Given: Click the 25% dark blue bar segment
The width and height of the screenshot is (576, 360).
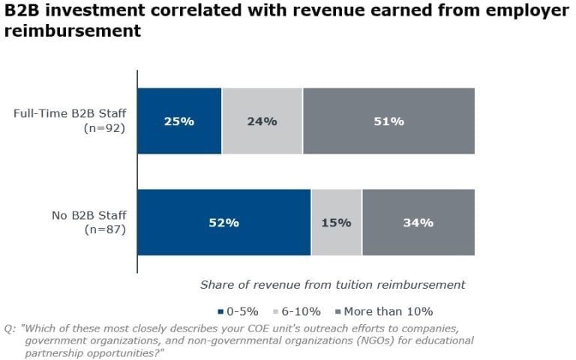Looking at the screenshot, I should click(179, 121).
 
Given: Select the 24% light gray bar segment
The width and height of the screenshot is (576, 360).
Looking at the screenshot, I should click(262, 121).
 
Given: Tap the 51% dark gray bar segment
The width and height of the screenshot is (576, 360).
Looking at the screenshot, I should click(388, 121).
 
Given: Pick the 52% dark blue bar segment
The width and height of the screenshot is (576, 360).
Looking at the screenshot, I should click(223, 223).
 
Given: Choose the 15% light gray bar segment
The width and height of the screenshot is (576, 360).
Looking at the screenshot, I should click(336, 223).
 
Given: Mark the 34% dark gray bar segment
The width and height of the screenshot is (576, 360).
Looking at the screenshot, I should click(418, 223).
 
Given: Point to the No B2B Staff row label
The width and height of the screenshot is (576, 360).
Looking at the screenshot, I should click(88, 216).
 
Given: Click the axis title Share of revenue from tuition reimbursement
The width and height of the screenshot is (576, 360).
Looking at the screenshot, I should click(333, 285).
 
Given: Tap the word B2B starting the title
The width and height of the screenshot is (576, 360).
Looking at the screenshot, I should click(21, 11).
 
